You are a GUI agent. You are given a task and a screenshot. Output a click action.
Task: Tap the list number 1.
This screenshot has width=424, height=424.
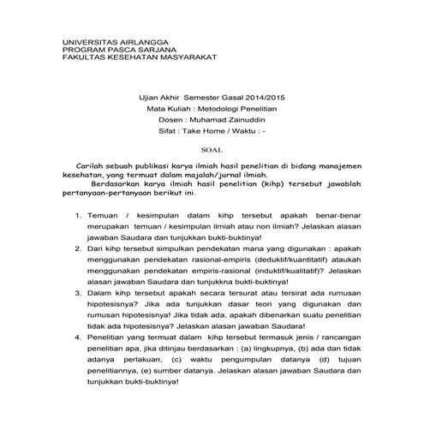(79, 216)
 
